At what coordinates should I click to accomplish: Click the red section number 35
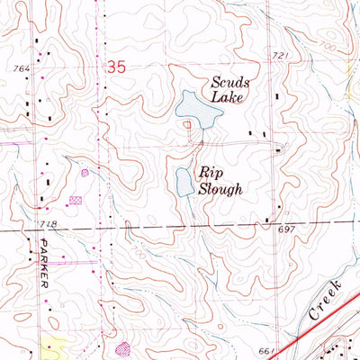[x=115, y=66]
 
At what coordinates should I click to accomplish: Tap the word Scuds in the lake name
[x=229, y=82]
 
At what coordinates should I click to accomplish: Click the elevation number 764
[x=22, y=67]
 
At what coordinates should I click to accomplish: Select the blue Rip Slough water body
[x=184, y=180]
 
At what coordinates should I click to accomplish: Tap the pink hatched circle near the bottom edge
[x=123, y=346]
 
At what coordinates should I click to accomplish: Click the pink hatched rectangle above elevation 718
[x=75, y=200]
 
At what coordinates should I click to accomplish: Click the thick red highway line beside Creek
[x=306, y=335]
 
